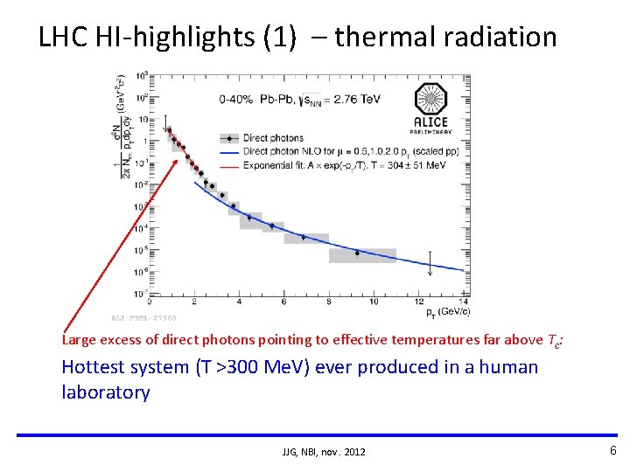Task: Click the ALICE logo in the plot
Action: point(430,107)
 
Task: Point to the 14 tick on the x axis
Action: point(465,302)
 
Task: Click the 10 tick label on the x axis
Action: point(374,302)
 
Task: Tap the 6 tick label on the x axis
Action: point(283,302)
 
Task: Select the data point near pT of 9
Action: point(357,253)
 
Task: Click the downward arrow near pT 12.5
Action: point(430,260)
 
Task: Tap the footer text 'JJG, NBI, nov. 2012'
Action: point(324,451)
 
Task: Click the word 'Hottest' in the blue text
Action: point(94,367)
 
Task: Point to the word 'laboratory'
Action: point(105,392)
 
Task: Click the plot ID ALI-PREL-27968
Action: point(144,317)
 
